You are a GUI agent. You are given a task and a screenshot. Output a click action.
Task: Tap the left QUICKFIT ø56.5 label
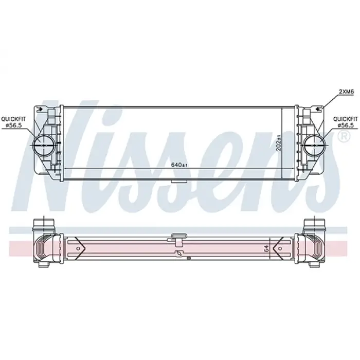(x=14, y=121)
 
